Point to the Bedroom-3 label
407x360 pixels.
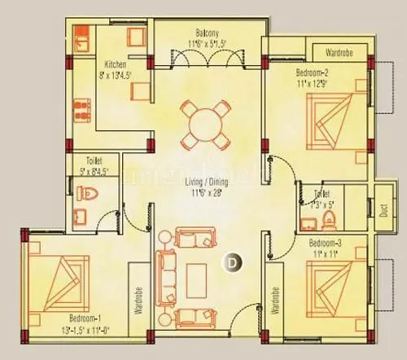click(x=328, y=244)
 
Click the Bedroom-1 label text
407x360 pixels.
click(x=58, y=339)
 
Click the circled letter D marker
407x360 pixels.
click(x=233, y=262)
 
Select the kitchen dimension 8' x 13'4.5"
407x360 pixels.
click(x=114, y=76)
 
